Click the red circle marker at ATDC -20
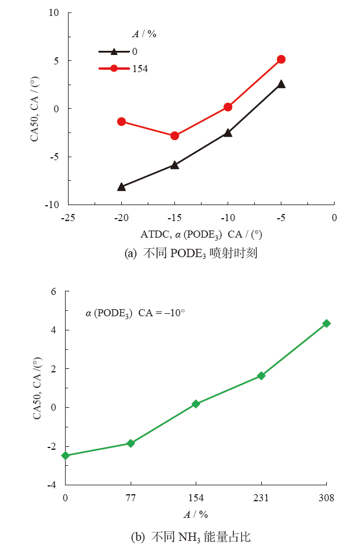tap(121, 121)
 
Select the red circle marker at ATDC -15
tap(174, 135)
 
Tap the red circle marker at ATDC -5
tap(281, 59)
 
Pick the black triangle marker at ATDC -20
tap(121, 187)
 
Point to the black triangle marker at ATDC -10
tap(228, 133)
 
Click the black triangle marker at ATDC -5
tap(281, 84)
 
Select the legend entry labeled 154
tap(123, 69)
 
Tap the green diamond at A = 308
tap(326, 323)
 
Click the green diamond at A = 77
tap(131, 443)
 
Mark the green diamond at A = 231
tap(261, 375)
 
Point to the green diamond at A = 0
tap(66, 455)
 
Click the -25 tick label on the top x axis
tap(67, 217)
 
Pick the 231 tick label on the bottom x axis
tap(261, 498)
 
